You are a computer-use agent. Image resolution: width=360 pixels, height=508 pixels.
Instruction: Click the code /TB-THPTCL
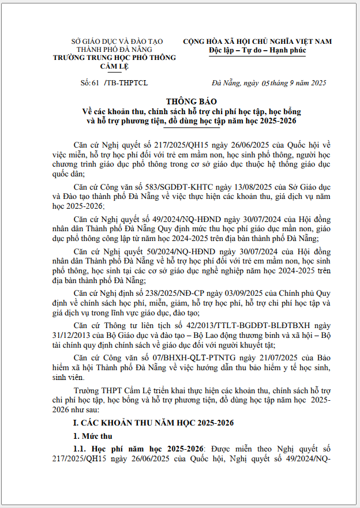click(x=125, y=83)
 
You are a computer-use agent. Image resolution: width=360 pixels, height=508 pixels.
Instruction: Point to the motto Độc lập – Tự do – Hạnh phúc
click(x=257, y=50)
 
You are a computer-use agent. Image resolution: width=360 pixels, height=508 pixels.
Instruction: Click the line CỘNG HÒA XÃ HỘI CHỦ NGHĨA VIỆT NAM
click(x=257, y=42)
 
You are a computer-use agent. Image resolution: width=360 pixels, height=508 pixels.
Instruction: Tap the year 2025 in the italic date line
click(x=318, y=83)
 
